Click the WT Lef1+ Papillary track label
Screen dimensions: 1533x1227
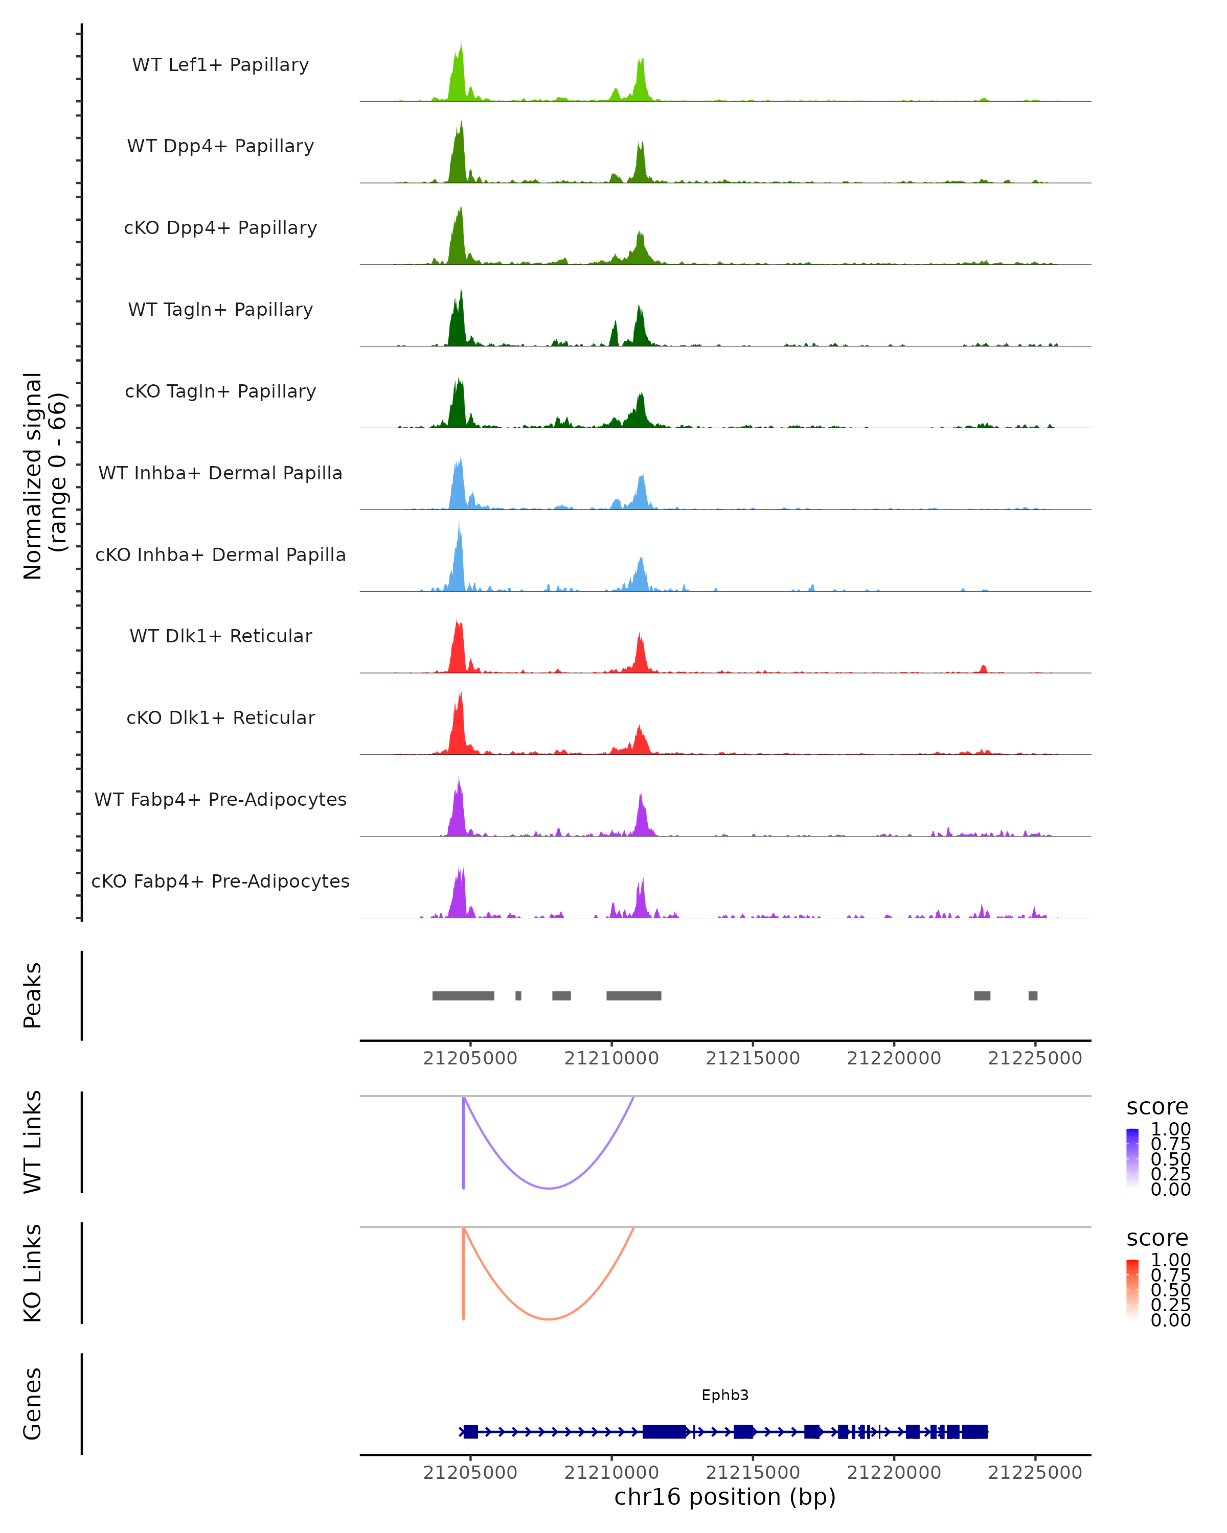click(220, 65)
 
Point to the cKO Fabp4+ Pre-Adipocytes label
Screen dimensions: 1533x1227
click(220, 881)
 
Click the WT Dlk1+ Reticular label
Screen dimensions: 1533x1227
click(220, 636)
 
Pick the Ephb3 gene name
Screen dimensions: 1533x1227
click(725, 1395)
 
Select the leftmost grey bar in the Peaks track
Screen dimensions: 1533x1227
click(463, 995)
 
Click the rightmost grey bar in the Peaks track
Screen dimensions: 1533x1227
click(1033, 995)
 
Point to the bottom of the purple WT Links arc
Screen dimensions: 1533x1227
click(549, 1188)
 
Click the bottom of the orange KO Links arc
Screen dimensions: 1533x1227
click(549, 1319)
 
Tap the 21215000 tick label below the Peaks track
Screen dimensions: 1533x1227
click(753, 1059)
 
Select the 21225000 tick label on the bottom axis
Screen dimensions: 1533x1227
click(1035, 1473)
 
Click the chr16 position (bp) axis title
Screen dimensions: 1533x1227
click(725, 1497)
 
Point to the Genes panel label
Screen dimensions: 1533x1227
click(32, 1404)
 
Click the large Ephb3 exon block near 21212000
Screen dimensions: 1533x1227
click(664, 1432)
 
